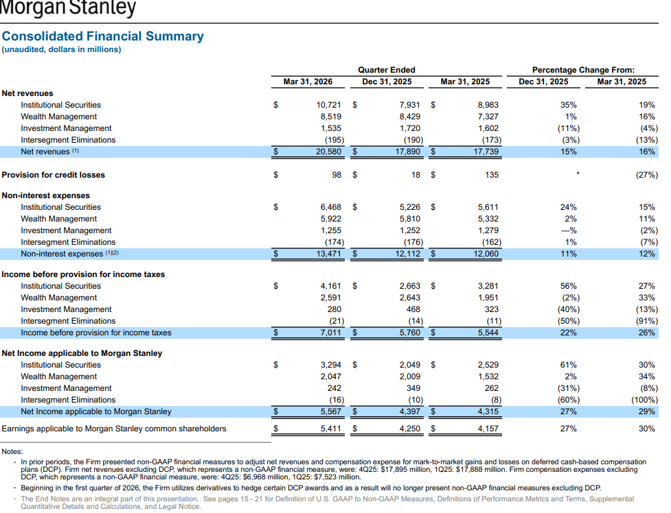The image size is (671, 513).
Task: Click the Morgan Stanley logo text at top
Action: point(67,8)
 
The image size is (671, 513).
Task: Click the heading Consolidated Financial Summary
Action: point(103,36)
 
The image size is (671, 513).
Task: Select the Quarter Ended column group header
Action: point(387,70)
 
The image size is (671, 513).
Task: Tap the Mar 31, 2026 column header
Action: point(308,82)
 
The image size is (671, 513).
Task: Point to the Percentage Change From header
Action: point(583,70)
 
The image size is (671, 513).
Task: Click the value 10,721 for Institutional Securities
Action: point(329,105)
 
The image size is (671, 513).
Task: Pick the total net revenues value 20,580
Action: point(329,152)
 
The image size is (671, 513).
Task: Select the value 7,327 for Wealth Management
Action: point(488,117)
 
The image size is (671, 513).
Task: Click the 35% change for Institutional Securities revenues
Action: point(568,105)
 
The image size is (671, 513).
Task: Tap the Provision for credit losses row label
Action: point(53,175)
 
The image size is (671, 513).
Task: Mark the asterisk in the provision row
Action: point(578,174)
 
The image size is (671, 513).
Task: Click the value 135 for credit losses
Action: point(492,175)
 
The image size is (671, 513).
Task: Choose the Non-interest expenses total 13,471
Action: point(329,254)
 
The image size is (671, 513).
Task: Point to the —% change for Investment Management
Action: point(569,230)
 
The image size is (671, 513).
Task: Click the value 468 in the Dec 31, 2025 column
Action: point(413,309)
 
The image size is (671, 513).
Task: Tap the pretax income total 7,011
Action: point(331,333)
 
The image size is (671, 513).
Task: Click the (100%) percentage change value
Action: point(644,400)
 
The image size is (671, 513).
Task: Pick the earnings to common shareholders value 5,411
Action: point(331,429)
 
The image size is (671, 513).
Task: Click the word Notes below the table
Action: point(12,451)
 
